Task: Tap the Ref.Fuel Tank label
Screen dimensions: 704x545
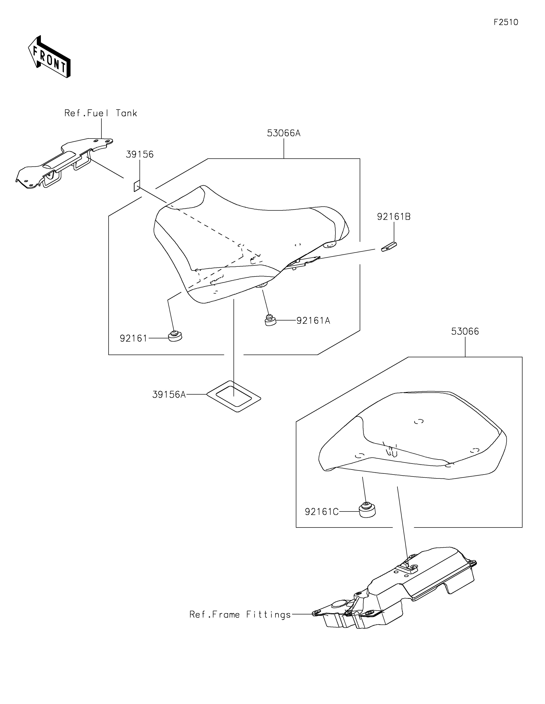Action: coord(100,113)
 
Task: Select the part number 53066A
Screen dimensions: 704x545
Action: coord(284,133)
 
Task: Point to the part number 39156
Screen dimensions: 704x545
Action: coord(139,154)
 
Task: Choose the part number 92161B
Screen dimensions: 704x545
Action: coord(394,217)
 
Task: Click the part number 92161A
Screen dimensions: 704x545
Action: coord(313,321)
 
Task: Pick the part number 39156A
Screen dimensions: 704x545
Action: coord(169,395)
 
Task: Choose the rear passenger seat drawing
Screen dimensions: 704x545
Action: coord(412,438)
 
